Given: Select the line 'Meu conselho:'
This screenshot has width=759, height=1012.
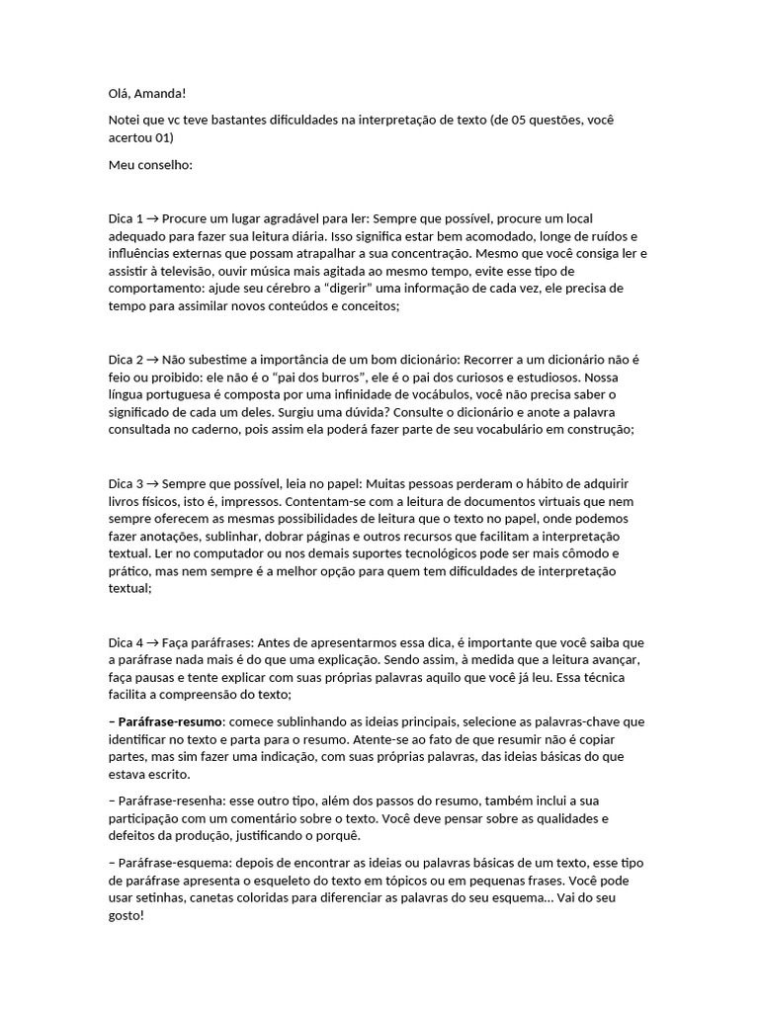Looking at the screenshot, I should point(150,164).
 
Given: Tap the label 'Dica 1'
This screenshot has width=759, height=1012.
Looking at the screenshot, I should point(126,217).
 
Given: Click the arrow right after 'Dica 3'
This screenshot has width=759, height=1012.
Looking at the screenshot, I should point(152,483).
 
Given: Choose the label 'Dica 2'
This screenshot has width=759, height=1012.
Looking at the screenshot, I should point(126,359).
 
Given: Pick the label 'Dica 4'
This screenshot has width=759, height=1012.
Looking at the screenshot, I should point(126,642).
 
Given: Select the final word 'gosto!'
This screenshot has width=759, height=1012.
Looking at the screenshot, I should point(126,916).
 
